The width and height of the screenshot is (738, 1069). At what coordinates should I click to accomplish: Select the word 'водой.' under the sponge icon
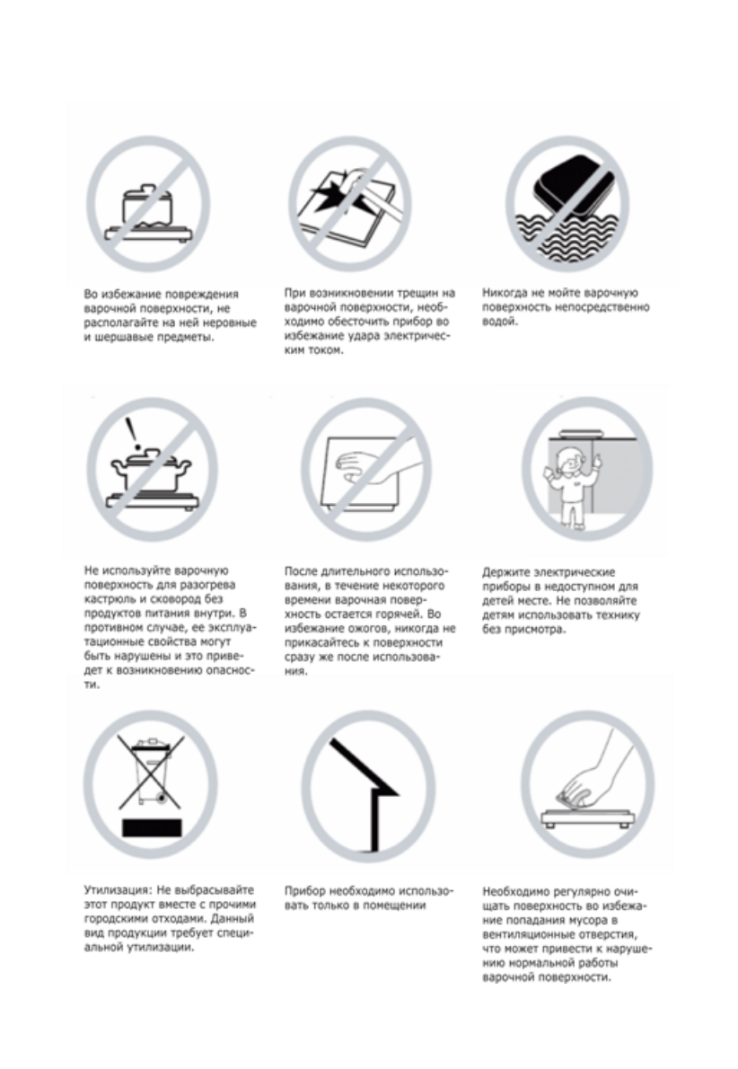(499, 322)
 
